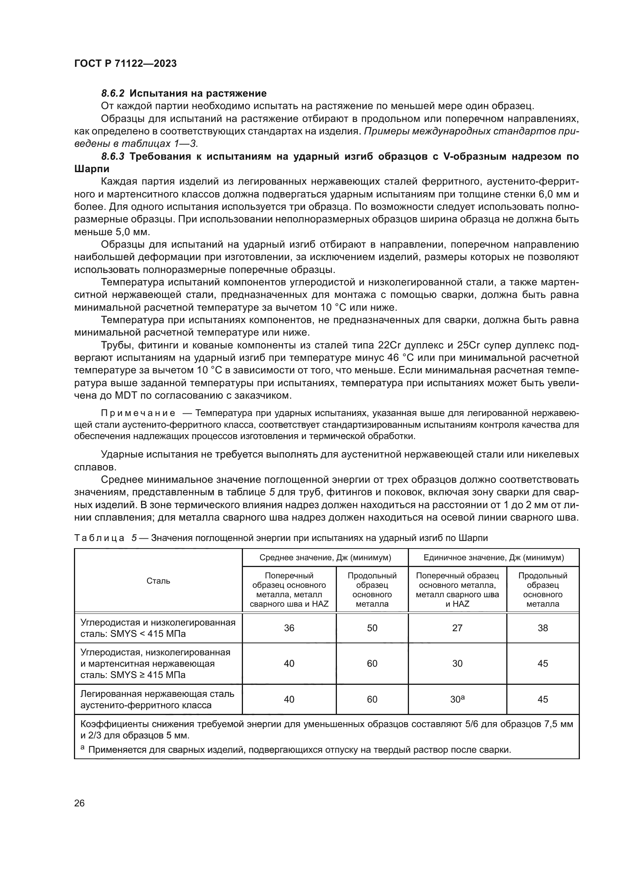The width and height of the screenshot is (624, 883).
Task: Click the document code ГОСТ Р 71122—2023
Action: tap(125, 64)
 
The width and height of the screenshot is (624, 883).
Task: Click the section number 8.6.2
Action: tap(112, 94)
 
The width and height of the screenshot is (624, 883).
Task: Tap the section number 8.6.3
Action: tap(112, 157)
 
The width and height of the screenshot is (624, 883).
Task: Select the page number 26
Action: tap(79, 803)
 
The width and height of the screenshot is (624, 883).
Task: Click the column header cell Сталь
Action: tap(158, 581)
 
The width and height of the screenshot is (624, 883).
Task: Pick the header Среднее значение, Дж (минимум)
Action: tap(325, 557)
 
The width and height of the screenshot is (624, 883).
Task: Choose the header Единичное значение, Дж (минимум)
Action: tap(493, 557)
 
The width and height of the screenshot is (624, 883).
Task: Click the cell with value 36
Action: tap(289, 628)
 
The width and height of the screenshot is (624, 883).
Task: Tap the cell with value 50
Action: tap(372, 628)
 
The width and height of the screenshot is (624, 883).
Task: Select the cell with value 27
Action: tap(457, 628)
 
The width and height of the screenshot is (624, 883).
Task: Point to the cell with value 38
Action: tap(543, 628)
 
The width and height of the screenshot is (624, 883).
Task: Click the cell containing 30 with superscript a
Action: tap(457, 699)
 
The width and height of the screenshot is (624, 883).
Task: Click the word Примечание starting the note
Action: tap(138, 413)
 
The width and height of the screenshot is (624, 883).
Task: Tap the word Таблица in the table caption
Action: tap(99, 538)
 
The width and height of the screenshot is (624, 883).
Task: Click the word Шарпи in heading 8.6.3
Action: tap(91, 169)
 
